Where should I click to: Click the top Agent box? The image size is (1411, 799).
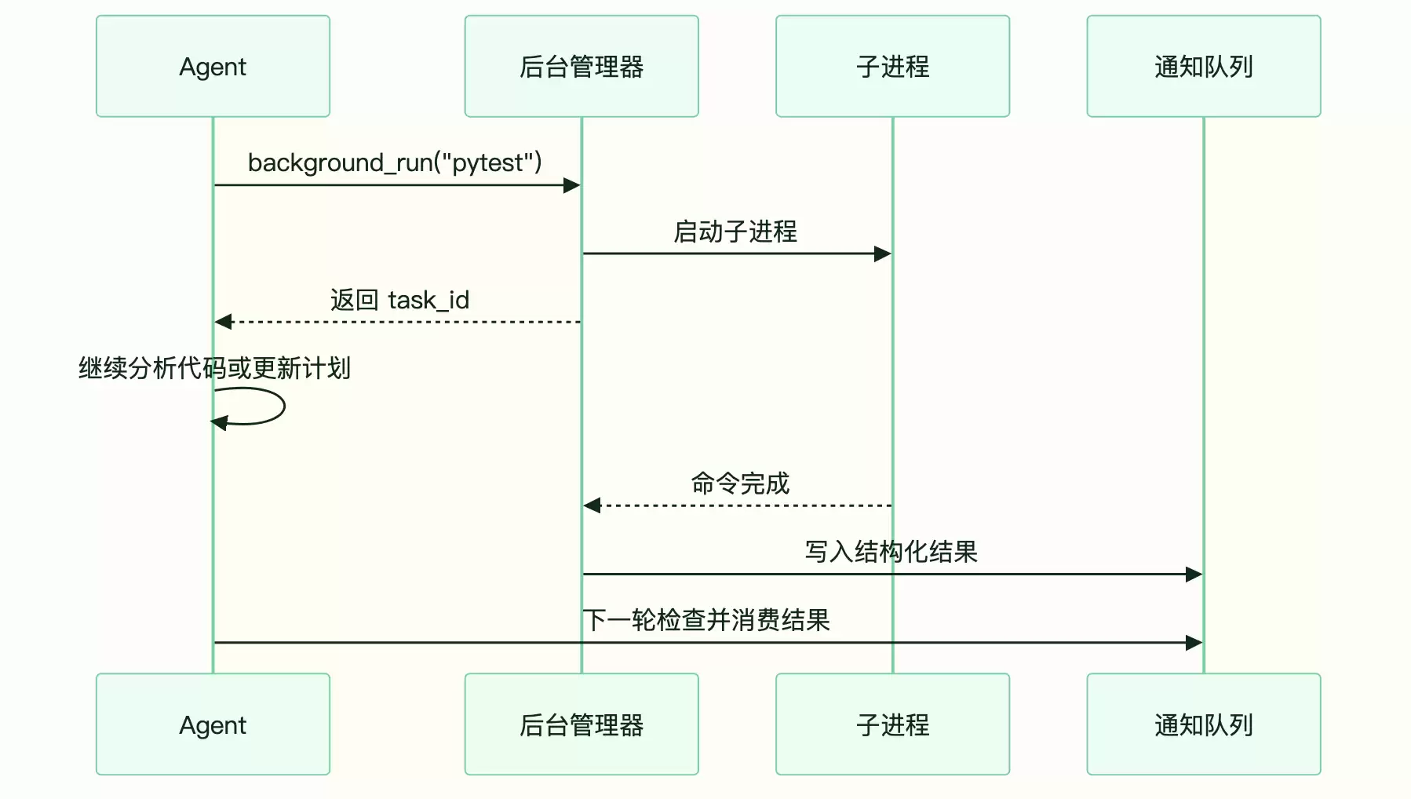pos(213,66)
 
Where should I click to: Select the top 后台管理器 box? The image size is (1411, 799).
pos(582,66)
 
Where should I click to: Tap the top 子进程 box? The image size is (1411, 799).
pos(892,66)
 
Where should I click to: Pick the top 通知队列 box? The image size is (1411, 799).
pos(1204,66)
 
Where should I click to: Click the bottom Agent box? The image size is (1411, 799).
pos(213,724)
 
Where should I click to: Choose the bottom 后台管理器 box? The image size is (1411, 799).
pos(582,724)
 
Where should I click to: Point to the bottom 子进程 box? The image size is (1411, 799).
pos(892,724)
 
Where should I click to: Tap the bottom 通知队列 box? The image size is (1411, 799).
pos(1204,724)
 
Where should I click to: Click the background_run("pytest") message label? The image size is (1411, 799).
pos(395,162)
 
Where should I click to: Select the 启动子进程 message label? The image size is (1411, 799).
pos(735,232)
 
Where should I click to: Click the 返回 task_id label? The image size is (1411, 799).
pos(399,300)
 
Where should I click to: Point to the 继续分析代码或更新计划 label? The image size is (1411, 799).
pos(214,368)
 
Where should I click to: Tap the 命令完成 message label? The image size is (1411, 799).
pos(740,483)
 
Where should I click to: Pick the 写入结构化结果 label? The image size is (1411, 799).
pos(891,552)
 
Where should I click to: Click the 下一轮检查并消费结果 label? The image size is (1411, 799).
pos(706,620)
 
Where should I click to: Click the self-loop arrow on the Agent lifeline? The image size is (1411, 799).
pos(284,406)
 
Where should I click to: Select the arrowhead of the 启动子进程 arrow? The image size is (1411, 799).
pos(883,254)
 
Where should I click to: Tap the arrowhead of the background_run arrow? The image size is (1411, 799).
pos(572,185)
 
